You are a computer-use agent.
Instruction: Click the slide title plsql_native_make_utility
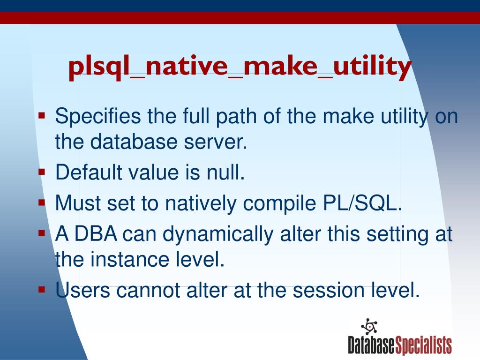point(240,67)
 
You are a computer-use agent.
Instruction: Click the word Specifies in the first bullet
point(98,117)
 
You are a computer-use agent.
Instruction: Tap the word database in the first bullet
point(134,142)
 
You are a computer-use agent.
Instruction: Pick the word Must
point(78,202)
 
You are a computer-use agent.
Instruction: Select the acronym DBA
point(96,234)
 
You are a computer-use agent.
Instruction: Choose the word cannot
point(148,291)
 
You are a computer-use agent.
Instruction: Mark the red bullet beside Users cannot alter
point(42,289)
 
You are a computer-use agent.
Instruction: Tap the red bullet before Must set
point(42,202)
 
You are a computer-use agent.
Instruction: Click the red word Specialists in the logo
point(423,345)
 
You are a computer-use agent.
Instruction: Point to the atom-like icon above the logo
point(369,326)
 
